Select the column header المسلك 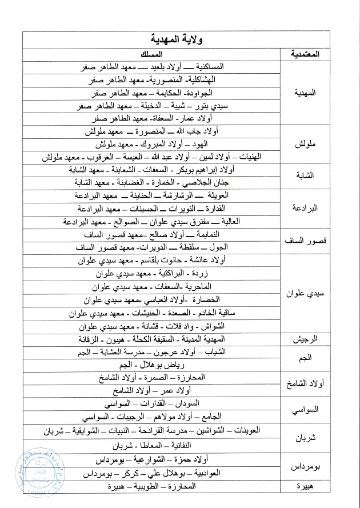pyautogui.click(x=152, y=54)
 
